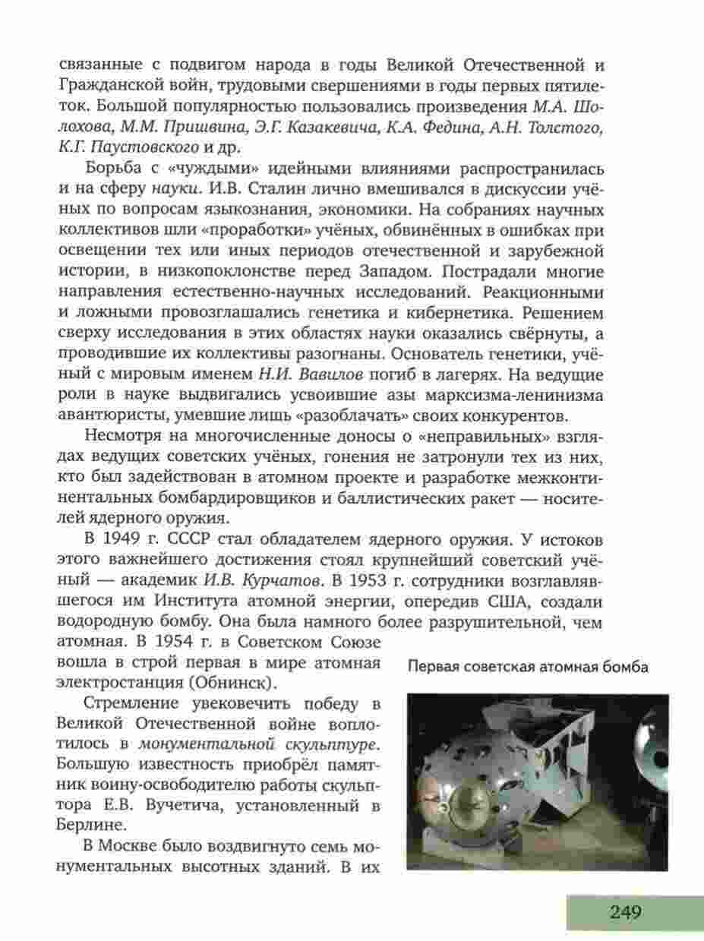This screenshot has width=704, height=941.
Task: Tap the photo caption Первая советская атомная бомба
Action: (528, 668)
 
